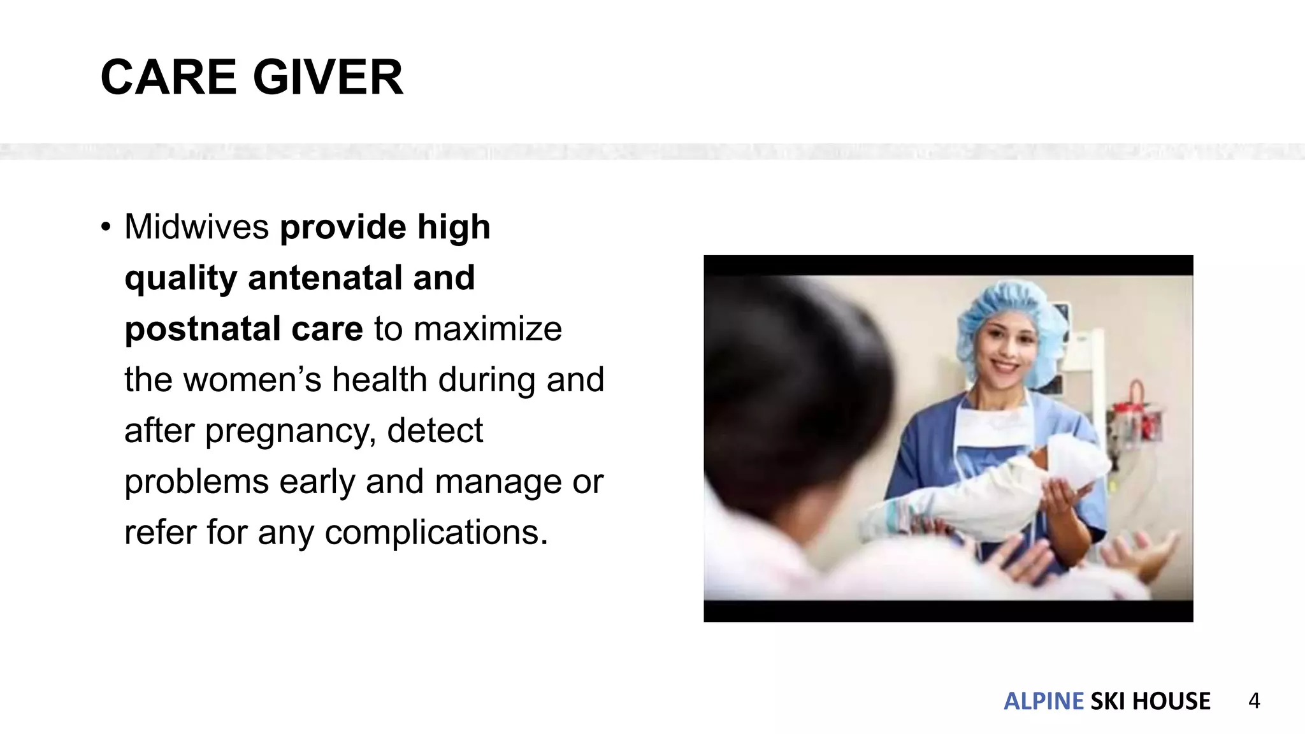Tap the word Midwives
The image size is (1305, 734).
(x=197, y=227)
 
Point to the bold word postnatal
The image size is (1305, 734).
(x=202, y=329)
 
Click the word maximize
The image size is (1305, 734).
(x=487, y=329)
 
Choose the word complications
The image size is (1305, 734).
(x=436, y=533)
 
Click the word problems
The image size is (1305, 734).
(x=197, y=482)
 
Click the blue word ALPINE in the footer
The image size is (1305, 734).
(x=1043, y=701)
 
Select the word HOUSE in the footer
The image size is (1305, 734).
(x=1171, y=701)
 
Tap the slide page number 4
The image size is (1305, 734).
(x=1254, y=701)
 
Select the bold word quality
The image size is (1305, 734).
(x=180, y=279)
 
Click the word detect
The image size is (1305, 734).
(x=435, y=431)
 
